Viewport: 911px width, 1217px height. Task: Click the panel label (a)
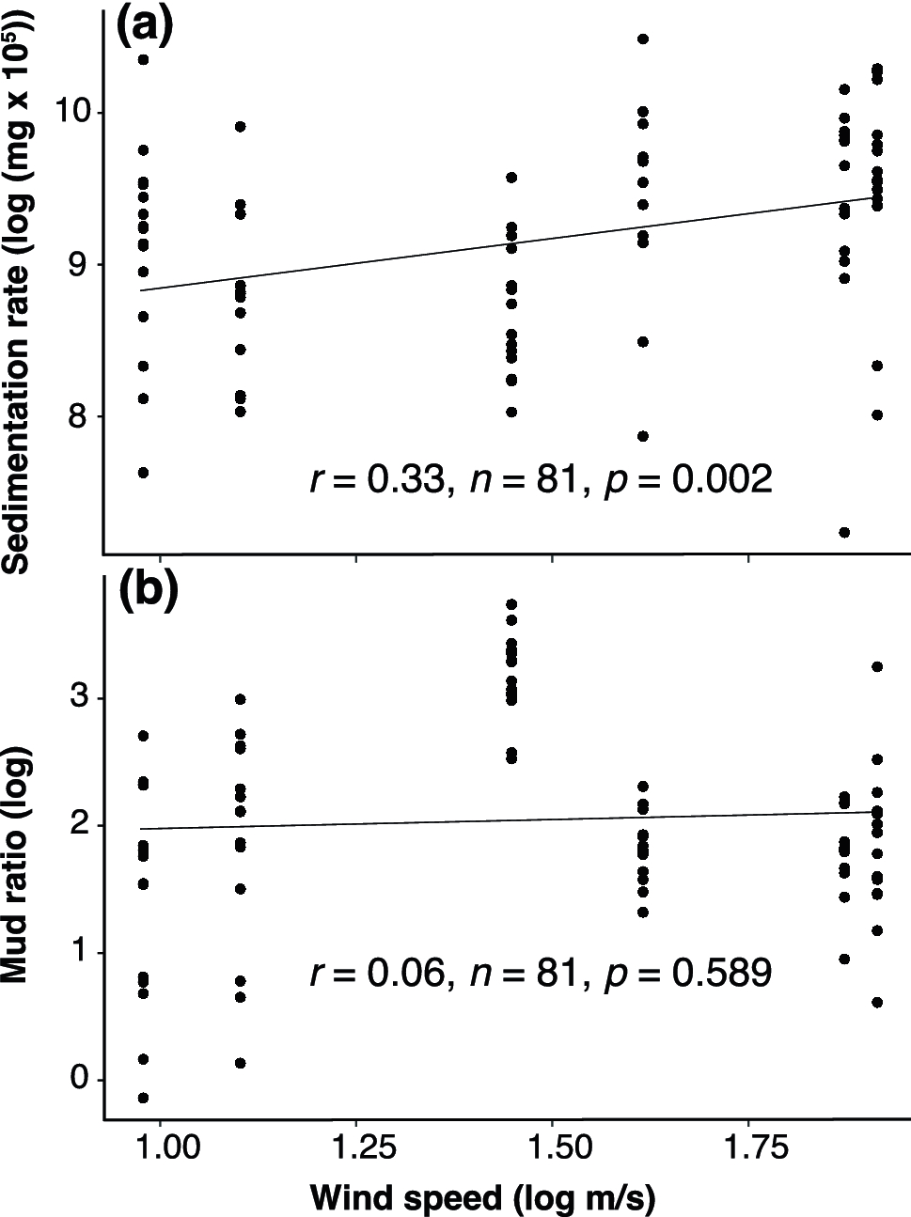145,27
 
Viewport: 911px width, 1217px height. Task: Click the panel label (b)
147,594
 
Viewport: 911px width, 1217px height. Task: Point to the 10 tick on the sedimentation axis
71,112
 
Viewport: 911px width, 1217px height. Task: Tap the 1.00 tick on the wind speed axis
161,1149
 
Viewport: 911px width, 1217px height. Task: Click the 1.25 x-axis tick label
356,1149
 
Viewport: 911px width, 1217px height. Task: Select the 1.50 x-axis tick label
552,1149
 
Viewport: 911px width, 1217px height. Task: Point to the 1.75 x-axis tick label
748,1149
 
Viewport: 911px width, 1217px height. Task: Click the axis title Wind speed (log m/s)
482,1197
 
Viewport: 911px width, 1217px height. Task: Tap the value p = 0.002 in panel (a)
688,480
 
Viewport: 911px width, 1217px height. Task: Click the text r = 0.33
376,480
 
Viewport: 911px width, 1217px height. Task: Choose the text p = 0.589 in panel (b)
688,973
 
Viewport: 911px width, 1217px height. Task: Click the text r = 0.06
376,973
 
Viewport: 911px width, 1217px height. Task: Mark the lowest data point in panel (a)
844,532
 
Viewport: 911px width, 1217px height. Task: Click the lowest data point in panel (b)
144,1098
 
